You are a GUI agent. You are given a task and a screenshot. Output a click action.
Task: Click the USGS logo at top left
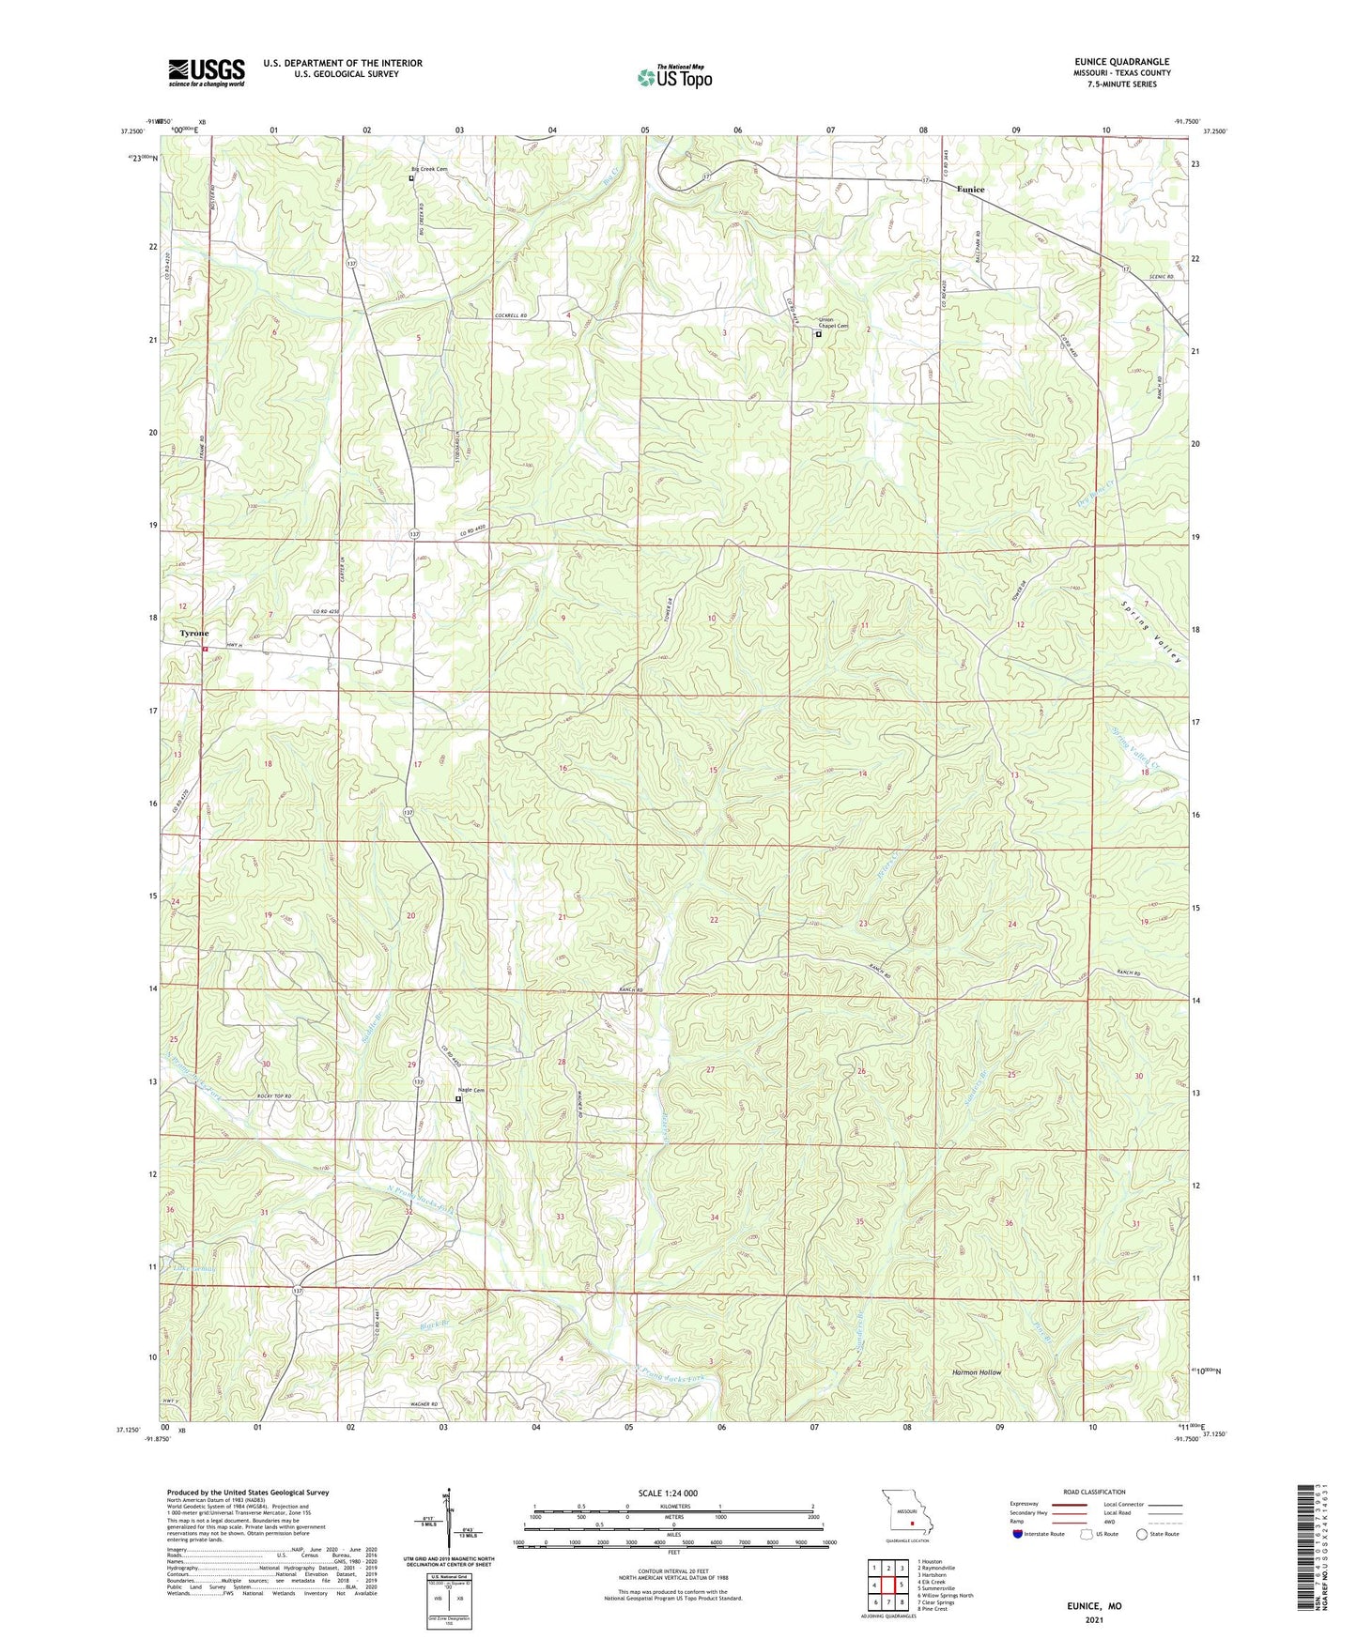[207, 71]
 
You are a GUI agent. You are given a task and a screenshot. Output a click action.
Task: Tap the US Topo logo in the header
[674, 77]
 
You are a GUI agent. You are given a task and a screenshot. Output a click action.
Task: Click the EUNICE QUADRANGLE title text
[1122, 62]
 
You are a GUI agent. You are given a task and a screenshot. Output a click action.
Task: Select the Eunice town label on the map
[970, 190]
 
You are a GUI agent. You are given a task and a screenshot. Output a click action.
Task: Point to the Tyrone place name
[194, 634]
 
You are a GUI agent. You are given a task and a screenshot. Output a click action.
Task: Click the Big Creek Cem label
[429, 169]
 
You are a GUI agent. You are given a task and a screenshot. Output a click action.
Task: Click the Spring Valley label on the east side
[1152, 631]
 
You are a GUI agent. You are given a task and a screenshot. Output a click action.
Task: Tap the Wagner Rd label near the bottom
[424, 1404]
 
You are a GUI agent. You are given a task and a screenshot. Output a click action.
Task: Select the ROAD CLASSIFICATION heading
[1094, 1492]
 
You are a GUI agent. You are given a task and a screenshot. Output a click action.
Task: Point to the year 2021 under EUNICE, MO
[1094, 1620]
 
